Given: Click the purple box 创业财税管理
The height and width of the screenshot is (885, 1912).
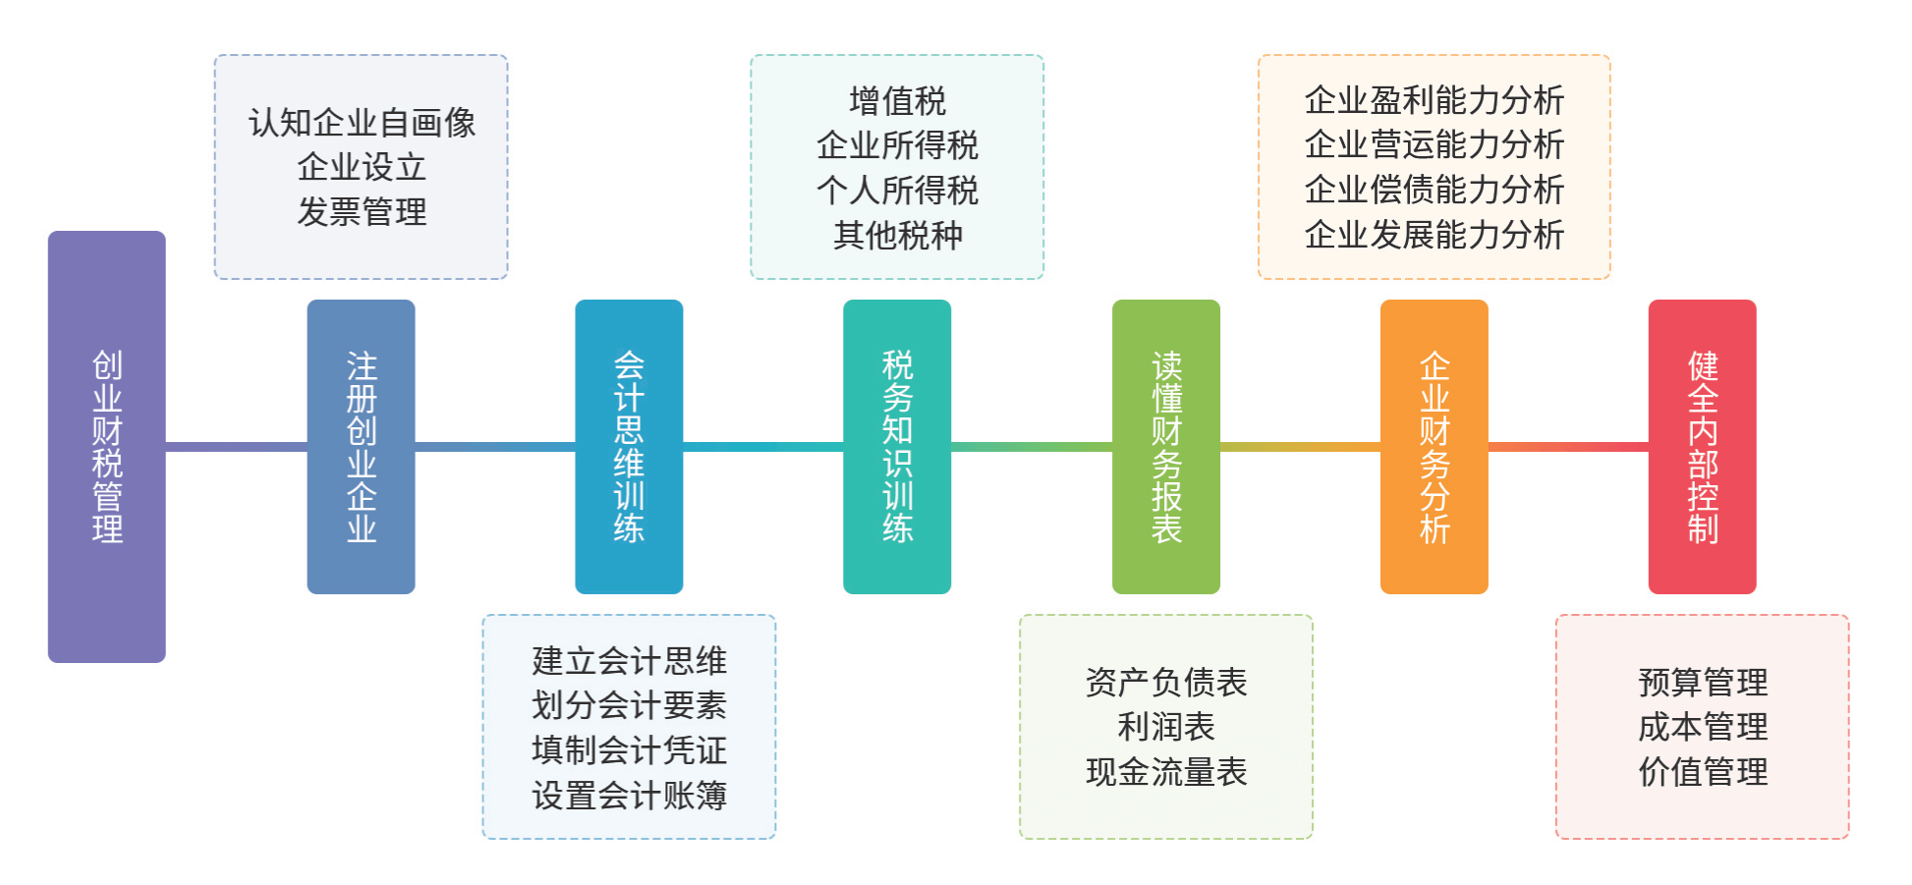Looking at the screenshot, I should click(x=106, y=446).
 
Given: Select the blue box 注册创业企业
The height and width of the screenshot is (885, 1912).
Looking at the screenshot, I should click(x=361, y=446).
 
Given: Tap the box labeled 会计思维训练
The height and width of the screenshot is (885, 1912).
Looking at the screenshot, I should click(x=629, y=446).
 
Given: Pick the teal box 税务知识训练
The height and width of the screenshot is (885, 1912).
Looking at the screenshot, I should click(x=897, y=446).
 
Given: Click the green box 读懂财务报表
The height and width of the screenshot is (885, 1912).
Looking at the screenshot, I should click(x=1165, y=446).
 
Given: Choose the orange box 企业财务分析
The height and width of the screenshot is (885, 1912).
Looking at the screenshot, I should click(x=1434, y=446).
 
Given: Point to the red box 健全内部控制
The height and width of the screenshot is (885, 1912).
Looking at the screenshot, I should click(x=1702, y=446).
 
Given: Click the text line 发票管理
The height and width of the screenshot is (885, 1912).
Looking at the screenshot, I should click(x=362, y=212).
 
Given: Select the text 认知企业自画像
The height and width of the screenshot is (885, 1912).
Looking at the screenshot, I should click(x=362, y=123).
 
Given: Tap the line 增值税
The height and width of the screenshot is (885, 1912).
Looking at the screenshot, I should click(x=897, y=100).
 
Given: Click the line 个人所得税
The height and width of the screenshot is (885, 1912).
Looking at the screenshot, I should click(x=897, y=190).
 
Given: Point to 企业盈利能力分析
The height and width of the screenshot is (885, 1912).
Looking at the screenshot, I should click(x=1434, y=100).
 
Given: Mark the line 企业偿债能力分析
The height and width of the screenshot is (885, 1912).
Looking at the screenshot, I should click(x=1434, y=190).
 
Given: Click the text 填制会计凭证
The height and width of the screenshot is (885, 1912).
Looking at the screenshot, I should click(x=629, y=749).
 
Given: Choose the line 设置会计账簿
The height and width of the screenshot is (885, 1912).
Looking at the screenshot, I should click(x=629, y=795).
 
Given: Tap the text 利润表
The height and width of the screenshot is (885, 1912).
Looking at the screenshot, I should click(x=1165, y=727).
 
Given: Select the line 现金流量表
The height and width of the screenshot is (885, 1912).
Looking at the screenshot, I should click(x=1165, y=772).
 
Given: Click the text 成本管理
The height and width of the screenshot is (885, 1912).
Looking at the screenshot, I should click(x=1702, y=727).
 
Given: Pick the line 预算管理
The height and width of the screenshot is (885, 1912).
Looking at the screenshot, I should click(x=1702, y=682).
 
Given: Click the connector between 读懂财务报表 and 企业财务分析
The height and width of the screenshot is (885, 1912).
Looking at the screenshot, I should click(x=1300, y=447).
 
